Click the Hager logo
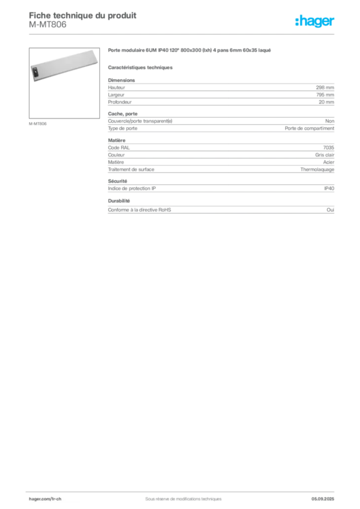315,21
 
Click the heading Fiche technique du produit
83,15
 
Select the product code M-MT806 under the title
47,24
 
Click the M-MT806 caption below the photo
38,124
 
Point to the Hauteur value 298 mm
325,87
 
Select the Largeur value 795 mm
325,95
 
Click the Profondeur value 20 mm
326,102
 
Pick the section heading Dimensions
121,80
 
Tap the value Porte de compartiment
309,128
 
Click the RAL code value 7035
329,147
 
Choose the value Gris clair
325,155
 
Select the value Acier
329,162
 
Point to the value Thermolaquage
317,170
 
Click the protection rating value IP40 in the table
329,188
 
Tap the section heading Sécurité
117,181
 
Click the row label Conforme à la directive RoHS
139,210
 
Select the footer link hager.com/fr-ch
45,499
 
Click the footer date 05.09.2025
323,499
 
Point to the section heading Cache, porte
123,114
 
